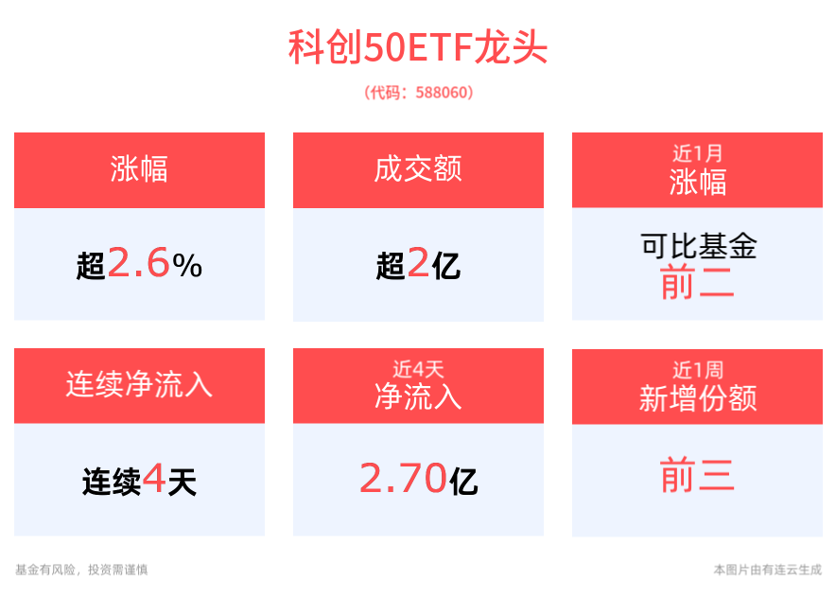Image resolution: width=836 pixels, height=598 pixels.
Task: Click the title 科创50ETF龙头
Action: (418, 48)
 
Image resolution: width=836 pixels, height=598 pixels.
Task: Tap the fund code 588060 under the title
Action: (418, 93)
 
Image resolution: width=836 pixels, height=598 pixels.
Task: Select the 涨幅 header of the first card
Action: (139, 170)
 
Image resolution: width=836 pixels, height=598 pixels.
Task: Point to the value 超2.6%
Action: (139, 265)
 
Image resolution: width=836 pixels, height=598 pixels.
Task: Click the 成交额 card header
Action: (418, 170)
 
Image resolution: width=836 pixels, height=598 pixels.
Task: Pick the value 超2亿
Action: (418, 265)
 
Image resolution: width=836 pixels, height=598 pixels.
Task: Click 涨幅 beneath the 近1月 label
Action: (697, 182)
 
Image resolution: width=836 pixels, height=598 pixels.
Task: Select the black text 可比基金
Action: (697, 247)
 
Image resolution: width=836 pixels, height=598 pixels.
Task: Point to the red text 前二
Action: (697, 283)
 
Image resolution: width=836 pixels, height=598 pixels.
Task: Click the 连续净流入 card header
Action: (139, 385)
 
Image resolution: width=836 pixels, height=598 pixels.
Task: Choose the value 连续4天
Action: (139, 482)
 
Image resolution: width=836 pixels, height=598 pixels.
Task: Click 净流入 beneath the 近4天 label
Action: (418, 397)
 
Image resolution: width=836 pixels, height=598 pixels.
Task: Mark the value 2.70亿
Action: (418, 481)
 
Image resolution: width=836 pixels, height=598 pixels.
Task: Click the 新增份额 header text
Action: (697, 398)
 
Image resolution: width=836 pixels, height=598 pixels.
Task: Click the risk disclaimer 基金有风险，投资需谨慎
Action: (81, 570)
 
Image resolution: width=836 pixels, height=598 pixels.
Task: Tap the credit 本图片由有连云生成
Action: (767, 570)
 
